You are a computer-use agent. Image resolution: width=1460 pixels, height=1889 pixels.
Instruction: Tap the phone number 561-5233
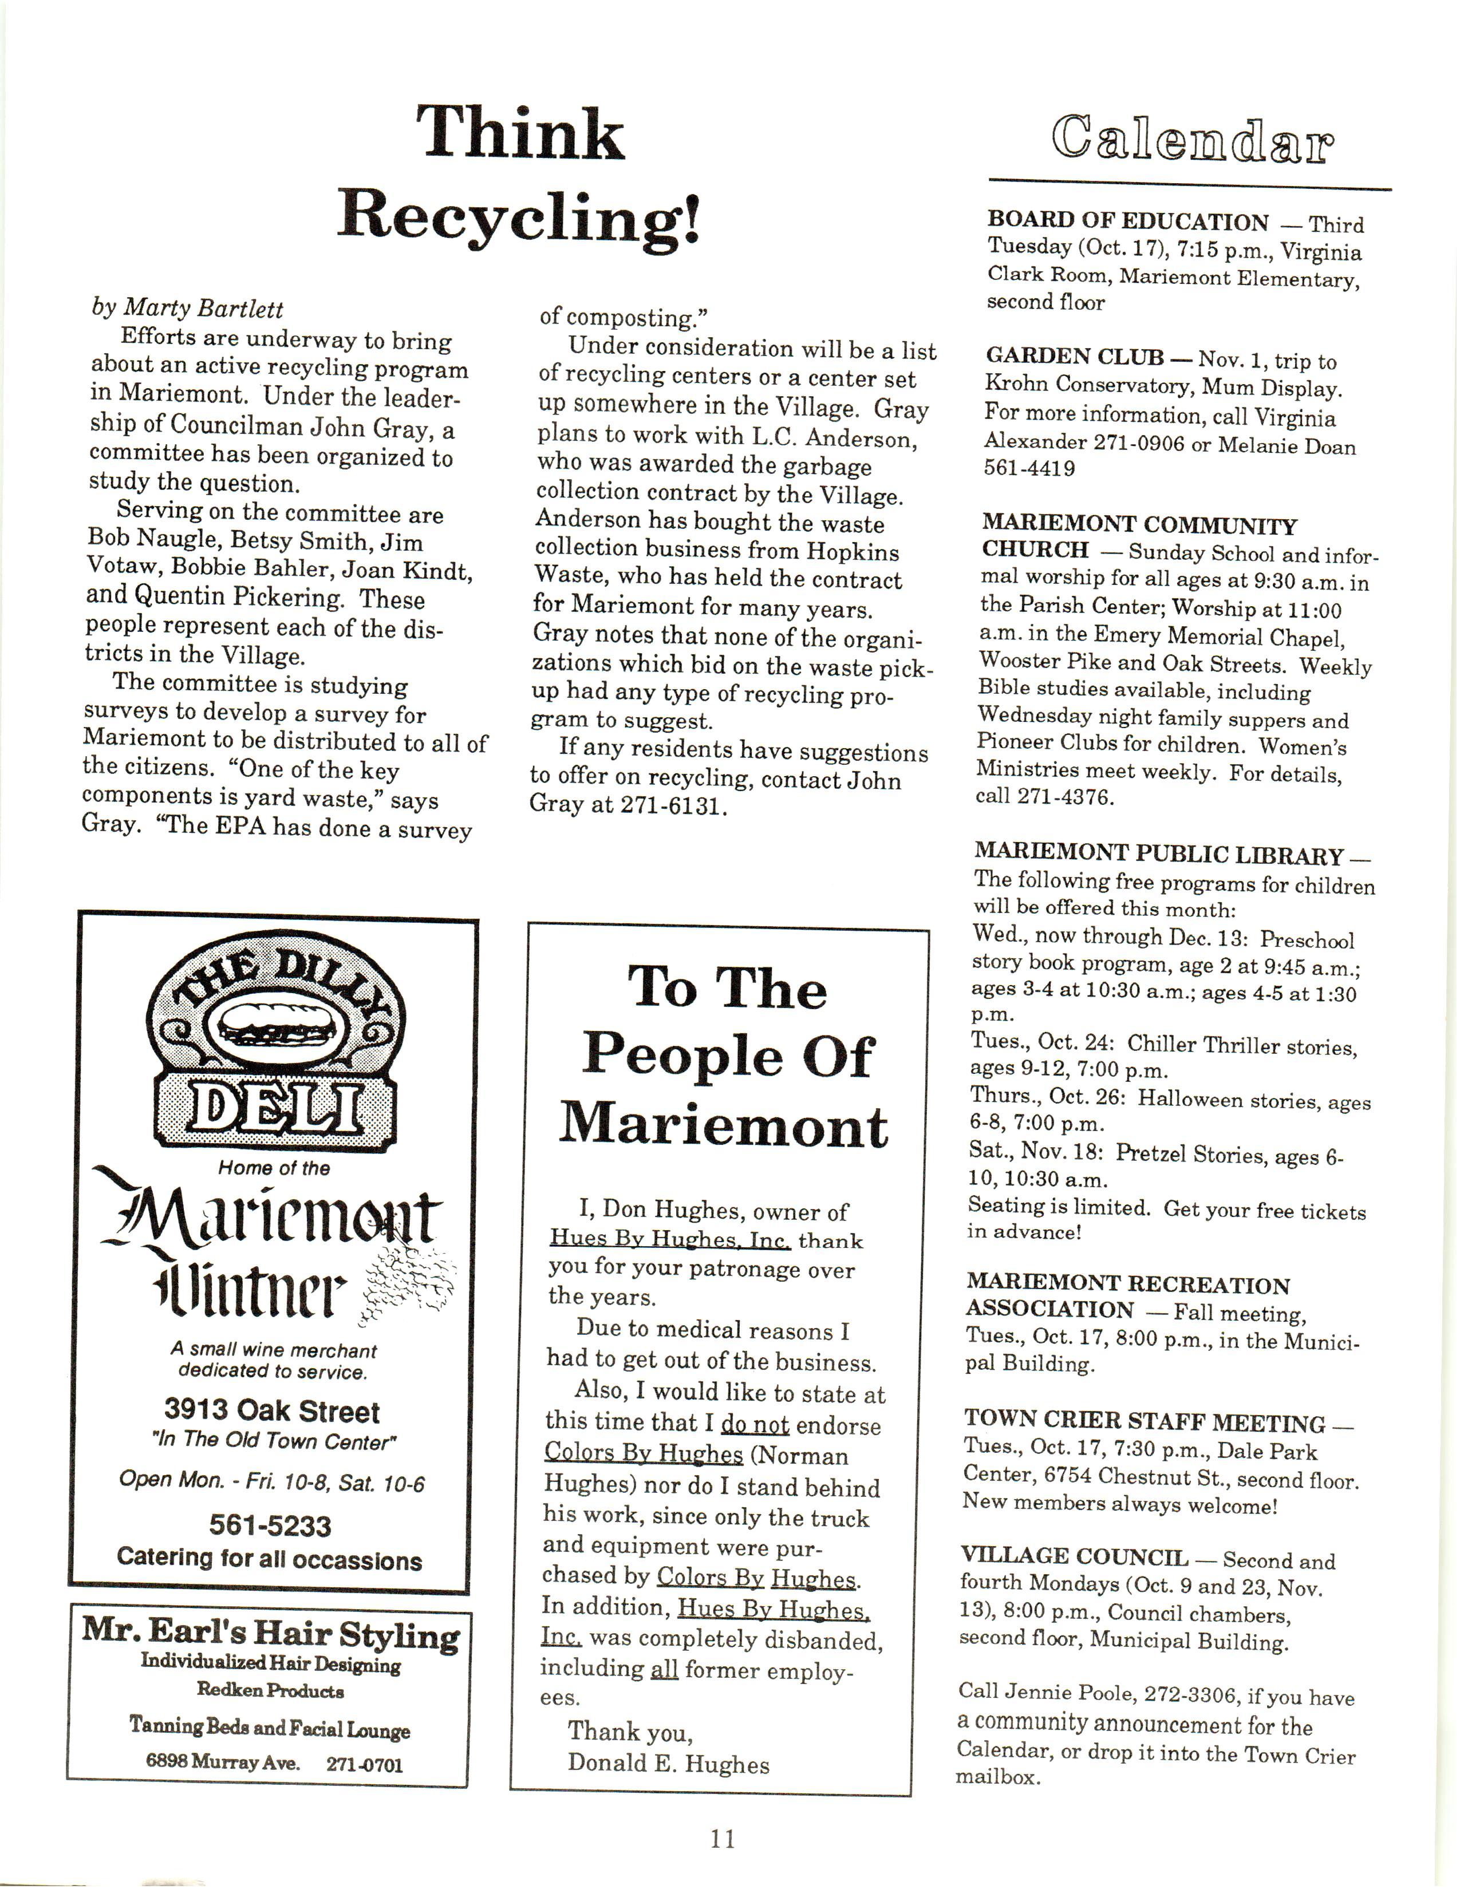click(270, 1526)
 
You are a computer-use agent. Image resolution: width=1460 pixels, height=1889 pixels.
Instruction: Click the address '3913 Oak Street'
click(271, 1412)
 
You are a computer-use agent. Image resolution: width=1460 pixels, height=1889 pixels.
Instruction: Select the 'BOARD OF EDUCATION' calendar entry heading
click(1128, 222)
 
